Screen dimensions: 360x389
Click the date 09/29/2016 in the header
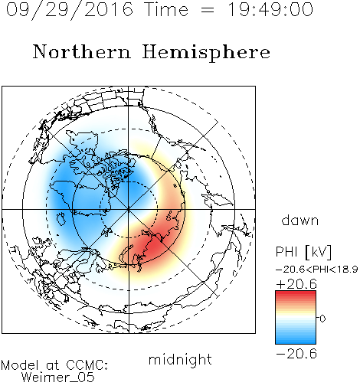[70, 10]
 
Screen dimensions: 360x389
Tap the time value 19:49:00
[270, 9]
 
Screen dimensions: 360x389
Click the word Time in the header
[166, 9]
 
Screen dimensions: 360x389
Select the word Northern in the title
[82, 51]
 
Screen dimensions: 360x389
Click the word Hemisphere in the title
[206, 53]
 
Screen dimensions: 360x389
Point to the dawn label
[300, 220]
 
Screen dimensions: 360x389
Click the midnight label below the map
[180, 359]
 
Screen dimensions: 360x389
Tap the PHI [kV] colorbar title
[303, 252]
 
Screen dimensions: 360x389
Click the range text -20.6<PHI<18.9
[317, 270]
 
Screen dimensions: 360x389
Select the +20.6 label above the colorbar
[296, 284]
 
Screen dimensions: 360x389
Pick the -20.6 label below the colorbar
[296, 354]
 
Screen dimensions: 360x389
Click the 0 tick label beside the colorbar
[322, 319]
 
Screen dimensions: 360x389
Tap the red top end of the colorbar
[296, 293]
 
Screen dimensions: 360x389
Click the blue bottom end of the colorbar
[296, 342]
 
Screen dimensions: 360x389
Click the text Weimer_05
[58, 377]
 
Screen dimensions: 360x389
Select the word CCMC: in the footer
[87, 365]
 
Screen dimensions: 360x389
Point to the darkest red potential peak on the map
[153, 247]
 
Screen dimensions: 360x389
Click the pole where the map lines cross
[129, 210]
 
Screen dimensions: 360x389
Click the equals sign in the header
[208, 10]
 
